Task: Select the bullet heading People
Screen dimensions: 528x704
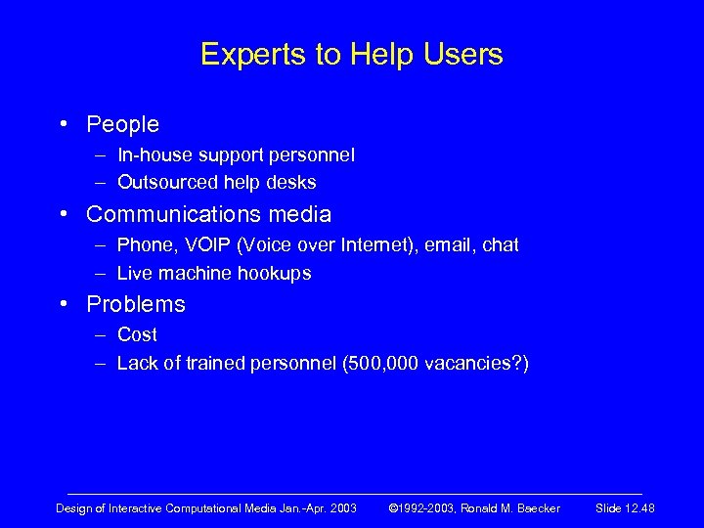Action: tap(122, 124)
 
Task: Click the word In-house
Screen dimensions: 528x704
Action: tap(154, 154)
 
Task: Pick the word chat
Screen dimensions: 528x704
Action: tap(500, 244)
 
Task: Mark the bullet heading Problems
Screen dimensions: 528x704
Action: tap(135, 304)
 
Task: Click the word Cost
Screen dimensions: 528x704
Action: tap(137, 334)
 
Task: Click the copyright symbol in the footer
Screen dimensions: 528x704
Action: tap(394, 508)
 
